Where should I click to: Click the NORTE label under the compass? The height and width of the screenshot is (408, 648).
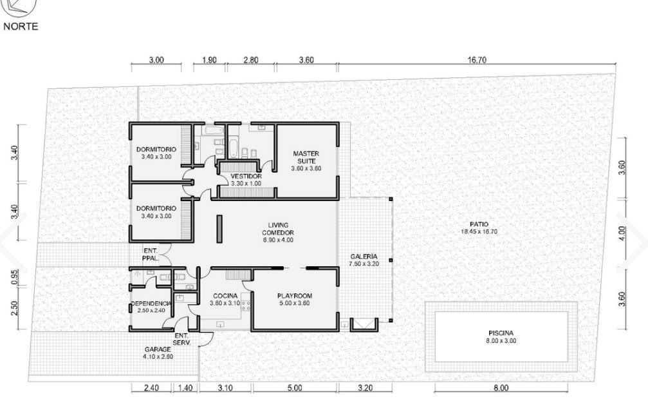tap(21, 26)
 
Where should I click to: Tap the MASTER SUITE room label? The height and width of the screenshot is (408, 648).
tap(306, 157)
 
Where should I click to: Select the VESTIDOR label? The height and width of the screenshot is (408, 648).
tap(246, 176)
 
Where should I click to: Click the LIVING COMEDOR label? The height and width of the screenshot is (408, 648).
tap(278, 229)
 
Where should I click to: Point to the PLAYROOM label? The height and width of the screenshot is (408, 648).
tap(295, 296)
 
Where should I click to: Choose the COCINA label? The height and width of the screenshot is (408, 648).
tap(225, 296)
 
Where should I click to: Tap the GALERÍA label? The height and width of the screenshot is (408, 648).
tap(364, 257)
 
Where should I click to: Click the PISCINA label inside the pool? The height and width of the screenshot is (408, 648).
tap(501, 333)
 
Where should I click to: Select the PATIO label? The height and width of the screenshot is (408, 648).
tap(479, 224)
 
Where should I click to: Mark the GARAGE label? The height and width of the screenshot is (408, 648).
tap(158, 349)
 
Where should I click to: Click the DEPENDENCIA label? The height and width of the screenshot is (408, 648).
tap(151, 304)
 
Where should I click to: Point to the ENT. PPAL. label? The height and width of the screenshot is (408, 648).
tap(151, 255)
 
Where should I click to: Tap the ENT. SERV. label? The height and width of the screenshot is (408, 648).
tap(181, 339)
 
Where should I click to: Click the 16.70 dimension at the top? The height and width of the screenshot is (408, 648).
tap(477, 60)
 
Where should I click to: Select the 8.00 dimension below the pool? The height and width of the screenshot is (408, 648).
tap(501, 388)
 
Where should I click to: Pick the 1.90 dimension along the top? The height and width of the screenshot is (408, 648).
tap(210, 60)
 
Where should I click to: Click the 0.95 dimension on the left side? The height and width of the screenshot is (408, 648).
tap(14, 277)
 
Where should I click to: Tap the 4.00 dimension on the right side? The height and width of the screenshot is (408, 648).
tap(622, 233)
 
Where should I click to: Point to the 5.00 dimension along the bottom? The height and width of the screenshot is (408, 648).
tap(294, 388)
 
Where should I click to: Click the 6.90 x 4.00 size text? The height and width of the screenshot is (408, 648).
tap(278, 240)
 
